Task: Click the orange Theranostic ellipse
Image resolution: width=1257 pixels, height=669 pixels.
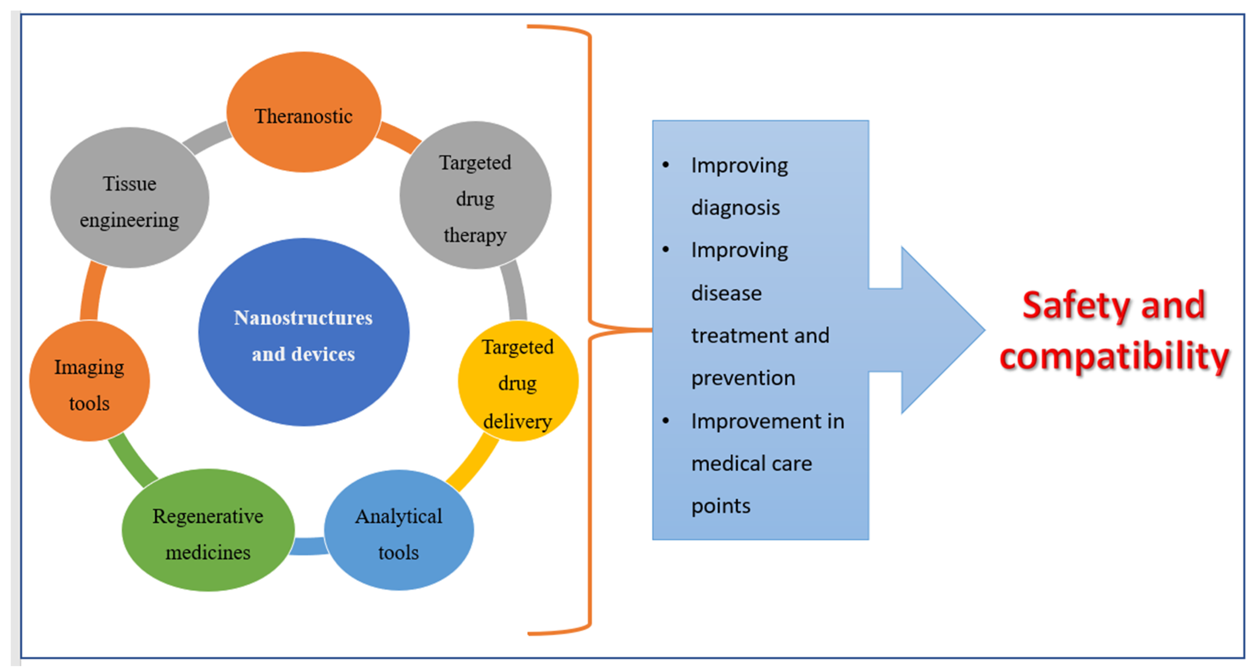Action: (x=303, y=112)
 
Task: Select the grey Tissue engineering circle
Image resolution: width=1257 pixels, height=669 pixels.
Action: (x=129, y=198)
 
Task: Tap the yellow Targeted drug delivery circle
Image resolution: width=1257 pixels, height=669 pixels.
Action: (x=518, y=382)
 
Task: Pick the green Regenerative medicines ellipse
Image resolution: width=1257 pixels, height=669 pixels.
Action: (x=208, y=531)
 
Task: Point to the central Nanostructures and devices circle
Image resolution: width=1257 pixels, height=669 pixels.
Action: (x=303, y=332)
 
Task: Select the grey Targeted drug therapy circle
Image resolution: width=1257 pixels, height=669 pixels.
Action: (x=475, y=195)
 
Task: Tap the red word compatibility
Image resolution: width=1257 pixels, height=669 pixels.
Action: (x=1114, y=356)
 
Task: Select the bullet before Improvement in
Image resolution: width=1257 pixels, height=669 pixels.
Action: (x=665, y=421)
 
